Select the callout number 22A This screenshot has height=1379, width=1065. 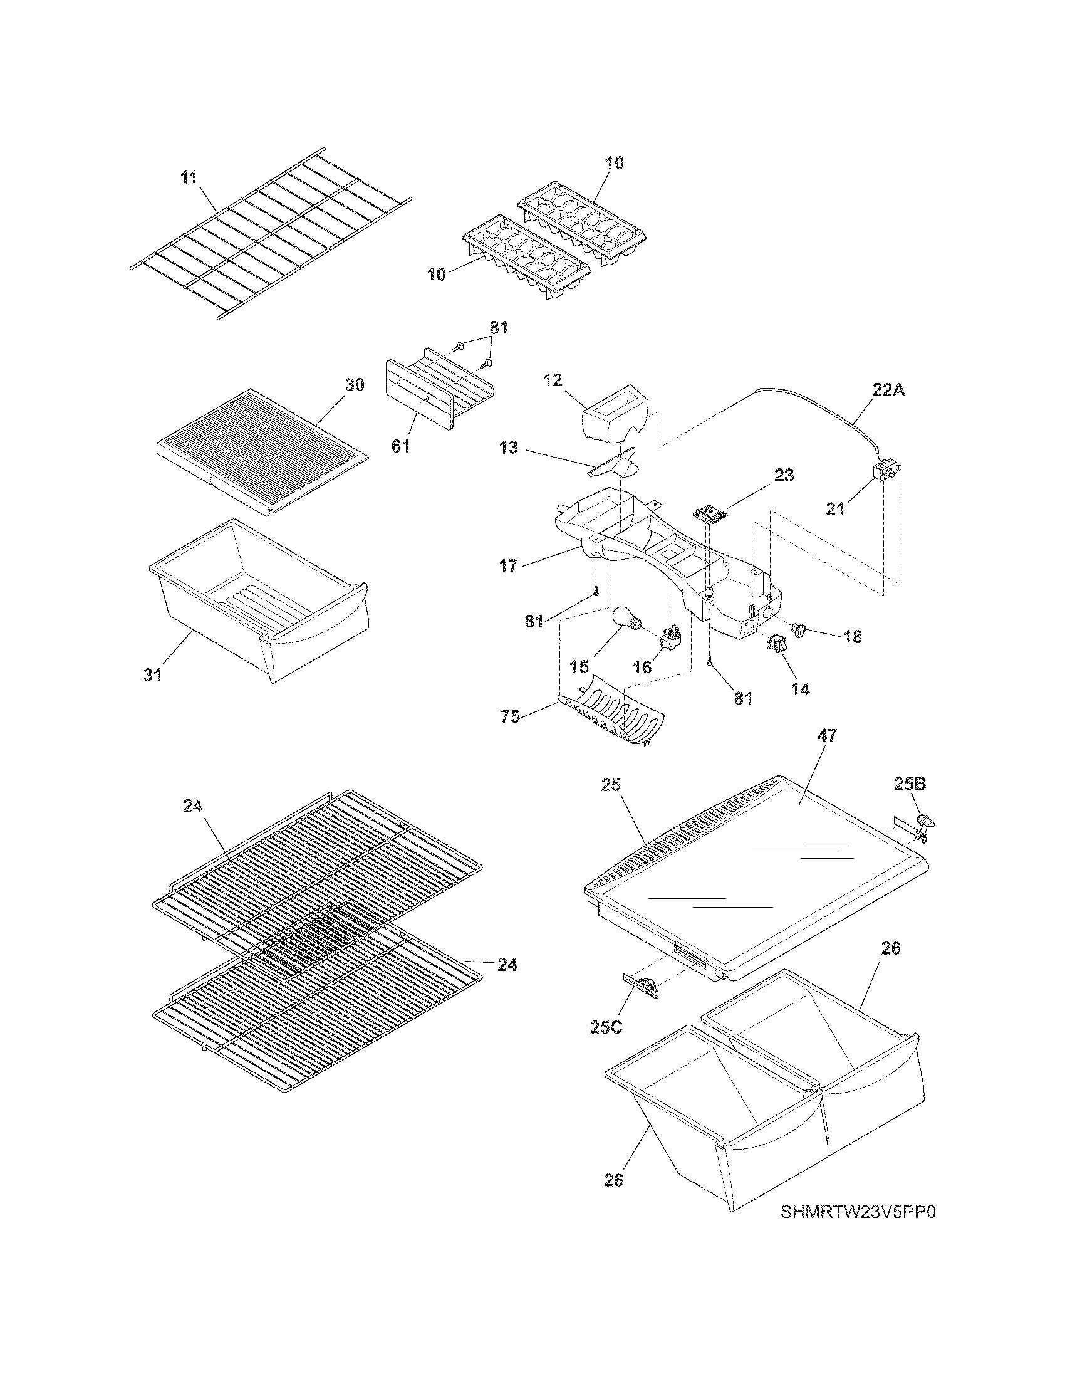point(889,391)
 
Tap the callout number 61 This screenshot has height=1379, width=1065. point(400,446)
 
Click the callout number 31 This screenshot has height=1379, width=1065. point(152,675)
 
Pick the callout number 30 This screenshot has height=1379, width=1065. point(355,384)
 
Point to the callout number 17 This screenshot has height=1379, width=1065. point(509,566)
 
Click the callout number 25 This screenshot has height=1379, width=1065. point(611,785)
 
